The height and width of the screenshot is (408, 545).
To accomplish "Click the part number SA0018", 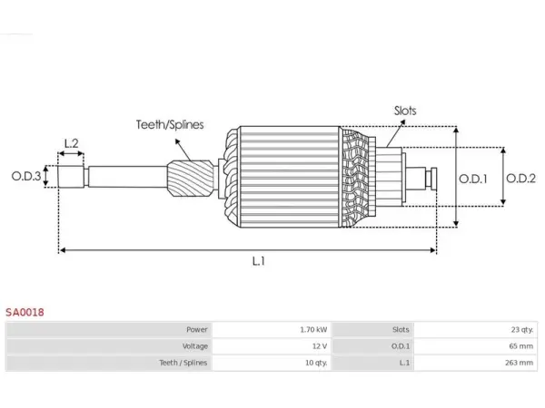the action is point(25,312).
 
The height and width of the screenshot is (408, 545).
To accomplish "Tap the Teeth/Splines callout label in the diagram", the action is point(170,124).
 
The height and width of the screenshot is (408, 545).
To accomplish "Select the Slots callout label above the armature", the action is point(405,111).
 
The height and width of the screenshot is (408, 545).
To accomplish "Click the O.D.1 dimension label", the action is point(473,179).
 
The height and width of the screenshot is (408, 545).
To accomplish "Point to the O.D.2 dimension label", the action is point(520,179).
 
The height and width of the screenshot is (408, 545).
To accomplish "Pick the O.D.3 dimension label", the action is point(26,176).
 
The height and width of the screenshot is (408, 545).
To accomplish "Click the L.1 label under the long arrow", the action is point(259,261).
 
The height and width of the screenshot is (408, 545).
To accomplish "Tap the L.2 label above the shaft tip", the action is point(71,143).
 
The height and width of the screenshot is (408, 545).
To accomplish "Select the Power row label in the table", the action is point(197,330).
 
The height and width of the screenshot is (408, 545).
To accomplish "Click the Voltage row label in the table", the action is point(195,346).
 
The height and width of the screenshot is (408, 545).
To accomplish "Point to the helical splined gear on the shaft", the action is point(191,178).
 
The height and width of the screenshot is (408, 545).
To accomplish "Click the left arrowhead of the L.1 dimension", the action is point(62,250).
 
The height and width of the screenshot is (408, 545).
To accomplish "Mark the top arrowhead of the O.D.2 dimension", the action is point(503,151).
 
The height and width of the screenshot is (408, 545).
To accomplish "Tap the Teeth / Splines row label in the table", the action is point(183,363).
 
